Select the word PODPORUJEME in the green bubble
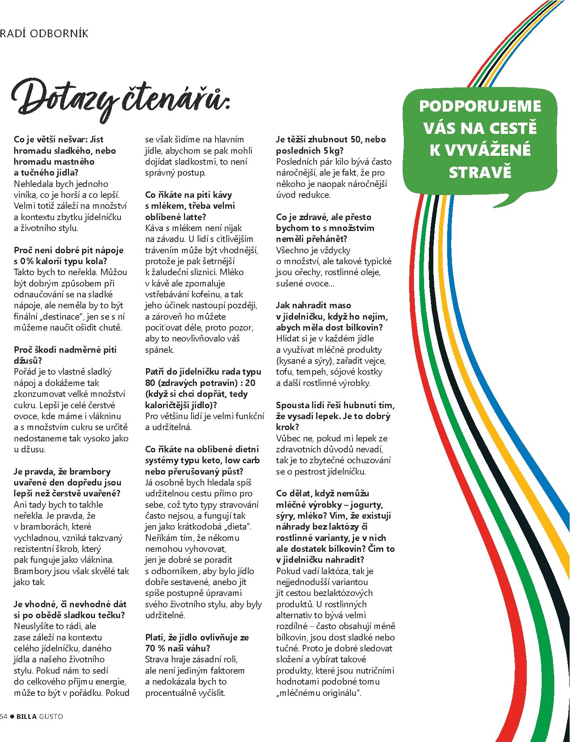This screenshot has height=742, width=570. click(x=480, y=106)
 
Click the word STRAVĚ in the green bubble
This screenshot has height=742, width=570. click(x=480, y=173)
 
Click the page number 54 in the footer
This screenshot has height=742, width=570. click(x=4, y=716)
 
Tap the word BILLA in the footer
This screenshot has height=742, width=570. click(x=27, y=716)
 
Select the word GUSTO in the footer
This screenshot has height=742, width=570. click(x=51, y=716)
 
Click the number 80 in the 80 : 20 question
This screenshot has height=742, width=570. click(x=150, y=383)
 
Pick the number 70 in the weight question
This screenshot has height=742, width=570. click(x=150, y=648)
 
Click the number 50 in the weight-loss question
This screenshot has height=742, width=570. click(x=357, y=140)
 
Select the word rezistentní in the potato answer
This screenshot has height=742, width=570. click(x=38, y=549)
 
